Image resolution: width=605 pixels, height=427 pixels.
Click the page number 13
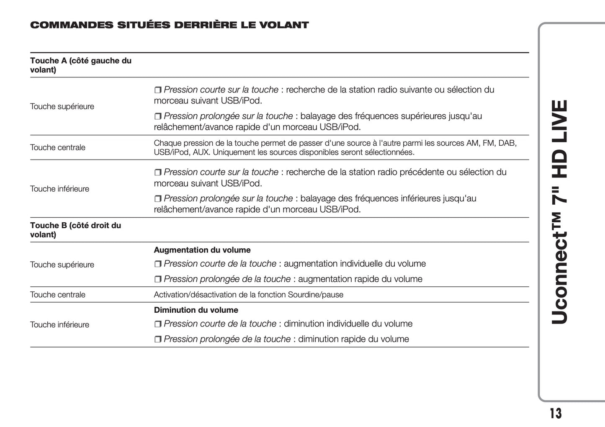556,413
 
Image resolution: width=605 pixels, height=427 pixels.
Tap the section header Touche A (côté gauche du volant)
80,65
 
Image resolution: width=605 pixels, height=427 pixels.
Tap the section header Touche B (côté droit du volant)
75,230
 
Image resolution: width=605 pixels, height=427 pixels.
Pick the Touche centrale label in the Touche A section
58,147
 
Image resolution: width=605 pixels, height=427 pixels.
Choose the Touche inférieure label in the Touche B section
59,324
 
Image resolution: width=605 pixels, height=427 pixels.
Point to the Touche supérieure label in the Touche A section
62,106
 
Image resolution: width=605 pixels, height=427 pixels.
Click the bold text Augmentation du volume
202,250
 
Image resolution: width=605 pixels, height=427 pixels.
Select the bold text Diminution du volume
196,310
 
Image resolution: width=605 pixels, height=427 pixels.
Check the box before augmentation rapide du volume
158,279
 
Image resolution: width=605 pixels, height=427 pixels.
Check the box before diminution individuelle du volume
158,324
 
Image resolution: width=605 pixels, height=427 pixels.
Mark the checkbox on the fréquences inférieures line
158,199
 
